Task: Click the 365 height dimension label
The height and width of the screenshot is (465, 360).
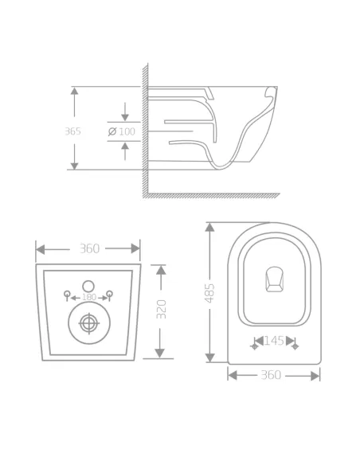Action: (x=72, y=131)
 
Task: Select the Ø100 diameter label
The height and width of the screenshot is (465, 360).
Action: (x=121, y=131)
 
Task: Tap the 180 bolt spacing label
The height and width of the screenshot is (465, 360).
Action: (x=88, y=297)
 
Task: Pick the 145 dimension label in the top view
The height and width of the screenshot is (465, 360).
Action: (x=274, y=341)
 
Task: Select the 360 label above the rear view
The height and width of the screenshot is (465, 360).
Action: (x=90, y=248)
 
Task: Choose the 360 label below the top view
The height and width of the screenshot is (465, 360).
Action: (x=271, y=375)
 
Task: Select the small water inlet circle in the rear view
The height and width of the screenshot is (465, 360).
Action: (x=88, y=285)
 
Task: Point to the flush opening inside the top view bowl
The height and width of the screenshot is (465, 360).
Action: (x=274, y=279)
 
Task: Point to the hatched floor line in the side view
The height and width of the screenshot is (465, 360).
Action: (x=211, y=195)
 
